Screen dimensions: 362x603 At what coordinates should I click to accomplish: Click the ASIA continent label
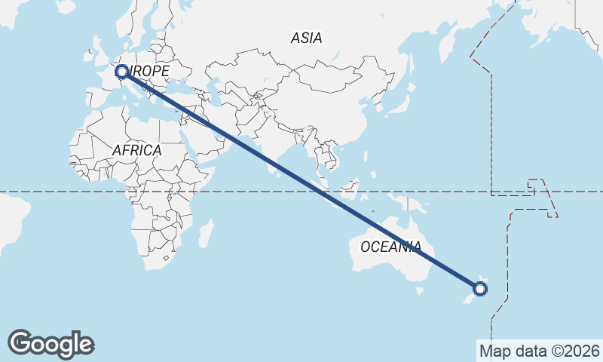tap(306, 38)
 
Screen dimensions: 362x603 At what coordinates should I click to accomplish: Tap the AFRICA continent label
tap(136, 150)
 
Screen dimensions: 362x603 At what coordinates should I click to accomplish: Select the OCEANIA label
tap(390, 247)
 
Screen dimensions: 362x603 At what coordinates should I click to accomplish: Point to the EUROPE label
tap(147, 71)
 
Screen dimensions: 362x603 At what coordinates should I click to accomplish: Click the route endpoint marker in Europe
tap(121, 72)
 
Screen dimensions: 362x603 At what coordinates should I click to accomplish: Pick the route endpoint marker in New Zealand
tap(480, 288)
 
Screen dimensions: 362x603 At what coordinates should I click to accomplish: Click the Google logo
tap(51, 344)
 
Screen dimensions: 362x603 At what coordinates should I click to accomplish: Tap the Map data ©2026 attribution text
tap(539, 351)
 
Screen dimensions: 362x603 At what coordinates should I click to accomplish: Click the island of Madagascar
tap(204, 232)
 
